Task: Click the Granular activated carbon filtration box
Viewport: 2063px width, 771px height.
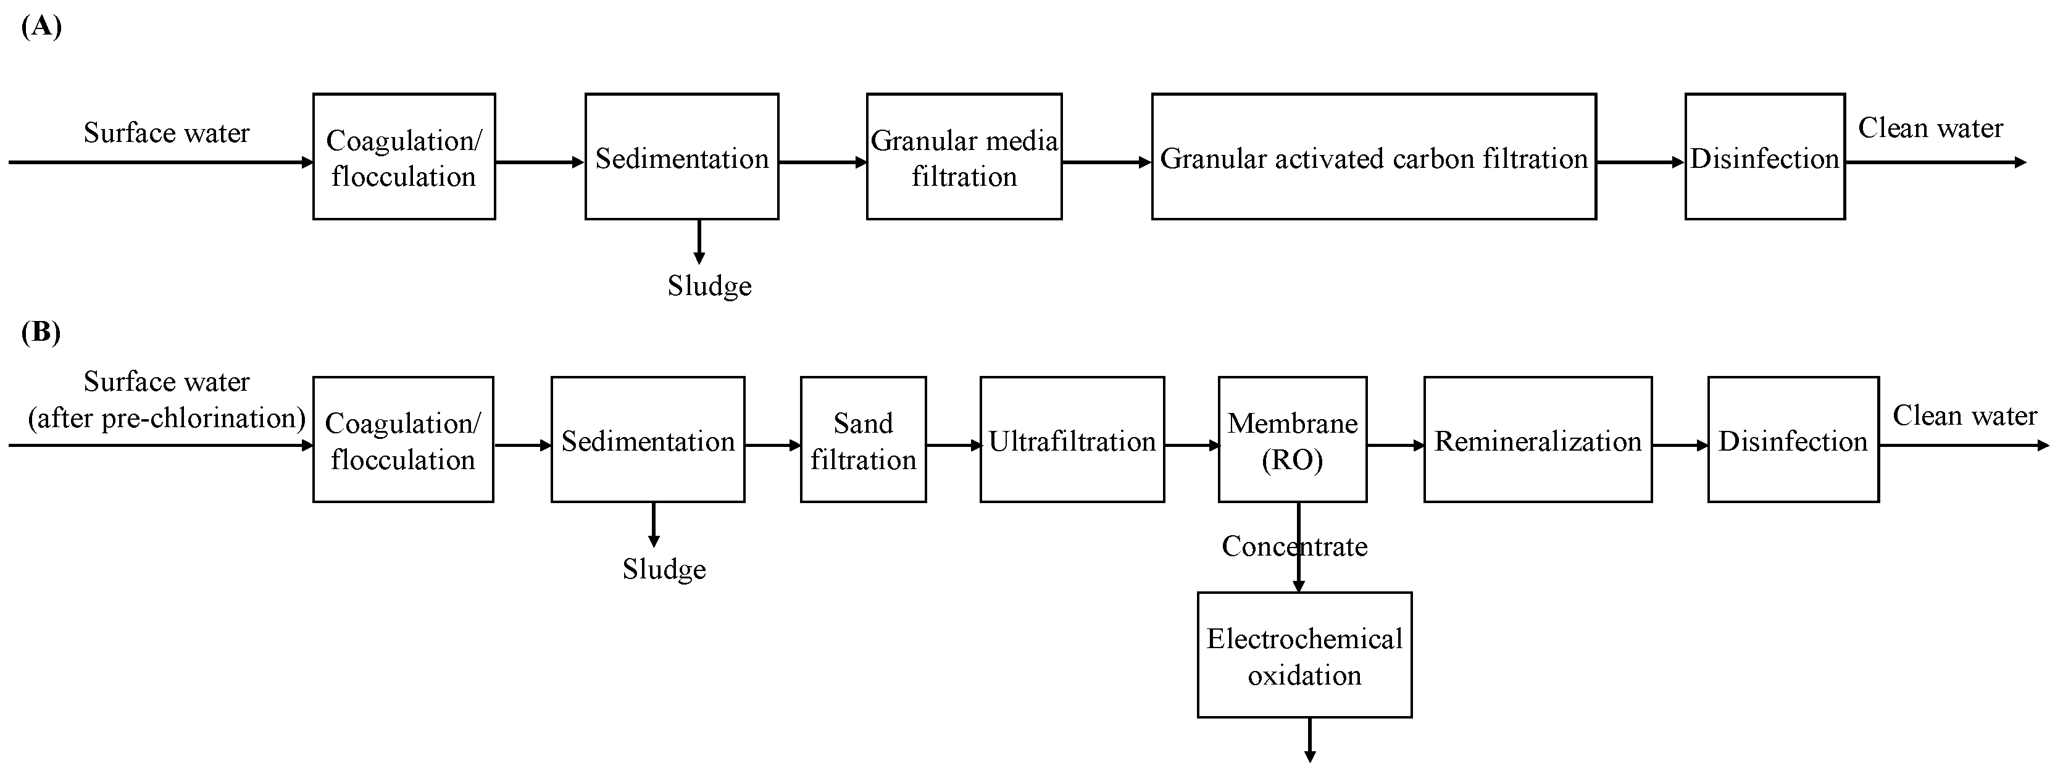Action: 1373,156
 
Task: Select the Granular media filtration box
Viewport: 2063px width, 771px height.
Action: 964,156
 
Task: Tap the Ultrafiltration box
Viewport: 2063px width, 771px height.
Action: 1072,440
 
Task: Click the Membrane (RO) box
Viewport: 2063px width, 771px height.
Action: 1292,440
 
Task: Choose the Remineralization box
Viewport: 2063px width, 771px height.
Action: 1537,440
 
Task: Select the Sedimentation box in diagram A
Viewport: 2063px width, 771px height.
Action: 681,156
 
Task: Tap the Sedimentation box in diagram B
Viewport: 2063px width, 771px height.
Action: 647,440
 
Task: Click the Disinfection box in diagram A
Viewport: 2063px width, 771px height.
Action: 1764,156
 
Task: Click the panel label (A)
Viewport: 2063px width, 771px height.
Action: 41,27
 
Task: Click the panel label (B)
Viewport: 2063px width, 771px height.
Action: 41,331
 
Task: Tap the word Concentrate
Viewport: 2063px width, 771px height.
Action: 1294,546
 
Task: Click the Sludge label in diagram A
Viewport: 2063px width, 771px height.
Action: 709,286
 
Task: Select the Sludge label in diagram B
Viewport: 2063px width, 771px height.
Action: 664,569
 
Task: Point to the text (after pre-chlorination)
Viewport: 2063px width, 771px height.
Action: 167,418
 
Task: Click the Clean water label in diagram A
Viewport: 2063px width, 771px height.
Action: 1930,127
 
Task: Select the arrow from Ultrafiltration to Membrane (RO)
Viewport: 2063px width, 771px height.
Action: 1191,445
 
